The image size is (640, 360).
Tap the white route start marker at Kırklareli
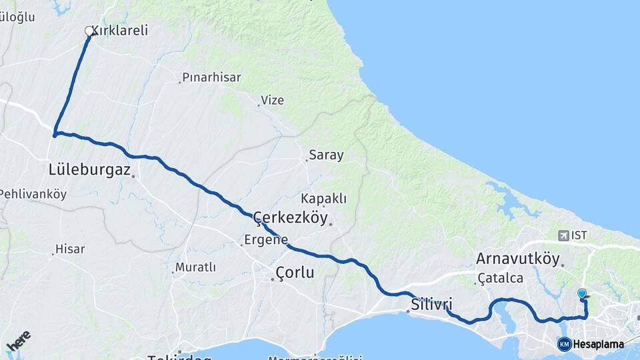[x=89, y=31]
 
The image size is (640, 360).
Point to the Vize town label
[x=272, y=101]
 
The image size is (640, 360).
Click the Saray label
[x=326, y=155]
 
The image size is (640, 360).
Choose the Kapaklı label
[x=324, y=199]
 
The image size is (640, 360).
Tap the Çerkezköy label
[x=291, y=217]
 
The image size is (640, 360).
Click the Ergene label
[x=266, y=239]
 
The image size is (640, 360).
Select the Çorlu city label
[x=295, y=273]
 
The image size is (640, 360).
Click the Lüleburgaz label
[x=89, y=169]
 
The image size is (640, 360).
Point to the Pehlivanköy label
[x=33, y=194]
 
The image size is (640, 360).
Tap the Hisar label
[x=70, y=249]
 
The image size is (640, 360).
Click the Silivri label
[x=427, y=305]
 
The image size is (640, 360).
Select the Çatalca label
[x=500, y=278]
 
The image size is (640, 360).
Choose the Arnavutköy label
[x=517, y=259]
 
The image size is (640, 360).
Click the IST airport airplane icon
[x=565, y=235]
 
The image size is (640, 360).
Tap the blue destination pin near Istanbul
[x=582, y=293]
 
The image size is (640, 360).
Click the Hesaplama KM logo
[x=591, y=344]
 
